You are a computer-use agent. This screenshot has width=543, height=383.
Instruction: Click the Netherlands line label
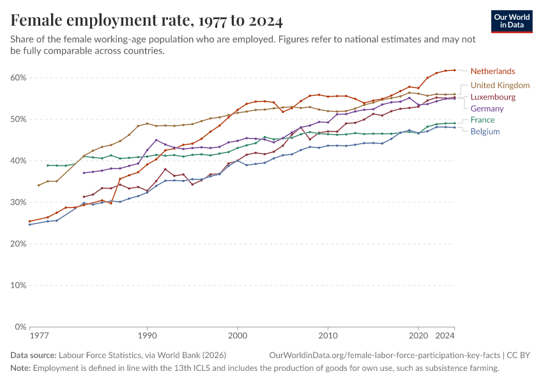point(492,71)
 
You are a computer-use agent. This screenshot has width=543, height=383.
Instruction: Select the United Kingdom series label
point(500,85)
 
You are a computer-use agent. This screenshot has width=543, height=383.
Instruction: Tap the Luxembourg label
point(493,97)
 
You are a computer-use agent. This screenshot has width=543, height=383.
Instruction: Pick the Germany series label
point(487,109)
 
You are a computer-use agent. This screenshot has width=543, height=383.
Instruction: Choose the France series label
point(482,120)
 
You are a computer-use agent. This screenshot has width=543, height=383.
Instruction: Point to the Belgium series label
point(485,131)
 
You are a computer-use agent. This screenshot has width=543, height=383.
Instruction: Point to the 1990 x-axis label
point(147,335)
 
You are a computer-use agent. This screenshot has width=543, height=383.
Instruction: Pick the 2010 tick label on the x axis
point(328,335)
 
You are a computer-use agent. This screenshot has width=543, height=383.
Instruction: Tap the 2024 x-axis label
point(445,335)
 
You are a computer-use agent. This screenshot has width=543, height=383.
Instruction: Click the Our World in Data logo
point(512,21)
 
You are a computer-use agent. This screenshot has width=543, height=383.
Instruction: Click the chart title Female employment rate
point(147,21)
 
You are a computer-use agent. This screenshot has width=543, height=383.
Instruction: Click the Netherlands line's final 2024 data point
point(454,70)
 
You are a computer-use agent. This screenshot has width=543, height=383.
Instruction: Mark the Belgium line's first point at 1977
point(29,224)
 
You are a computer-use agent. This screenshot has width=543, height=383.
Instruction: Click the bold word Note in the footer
point(20,368)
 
